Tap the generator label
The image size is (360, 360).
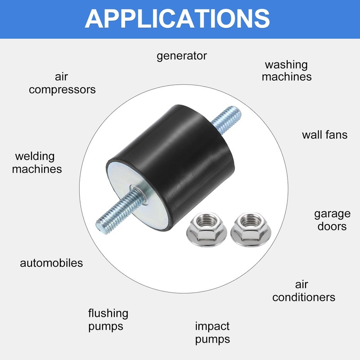click(182, 56)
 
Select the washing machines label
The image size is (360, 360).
click(286, 71)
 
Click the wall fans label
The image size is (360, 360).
click(324, 134)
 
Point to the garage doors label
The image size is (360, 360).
click(332, 220)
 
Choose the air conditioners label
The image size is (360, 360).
click(304, 291)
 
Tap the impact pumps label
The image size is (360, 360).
click(212, 332)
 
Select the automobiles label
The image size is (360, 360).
click(52, 263)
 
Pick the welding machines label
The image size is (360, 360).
click(37, 163)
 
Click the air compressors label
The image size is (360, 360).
click(63, 83)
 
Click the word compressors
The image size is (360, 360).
click(63, 89)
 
